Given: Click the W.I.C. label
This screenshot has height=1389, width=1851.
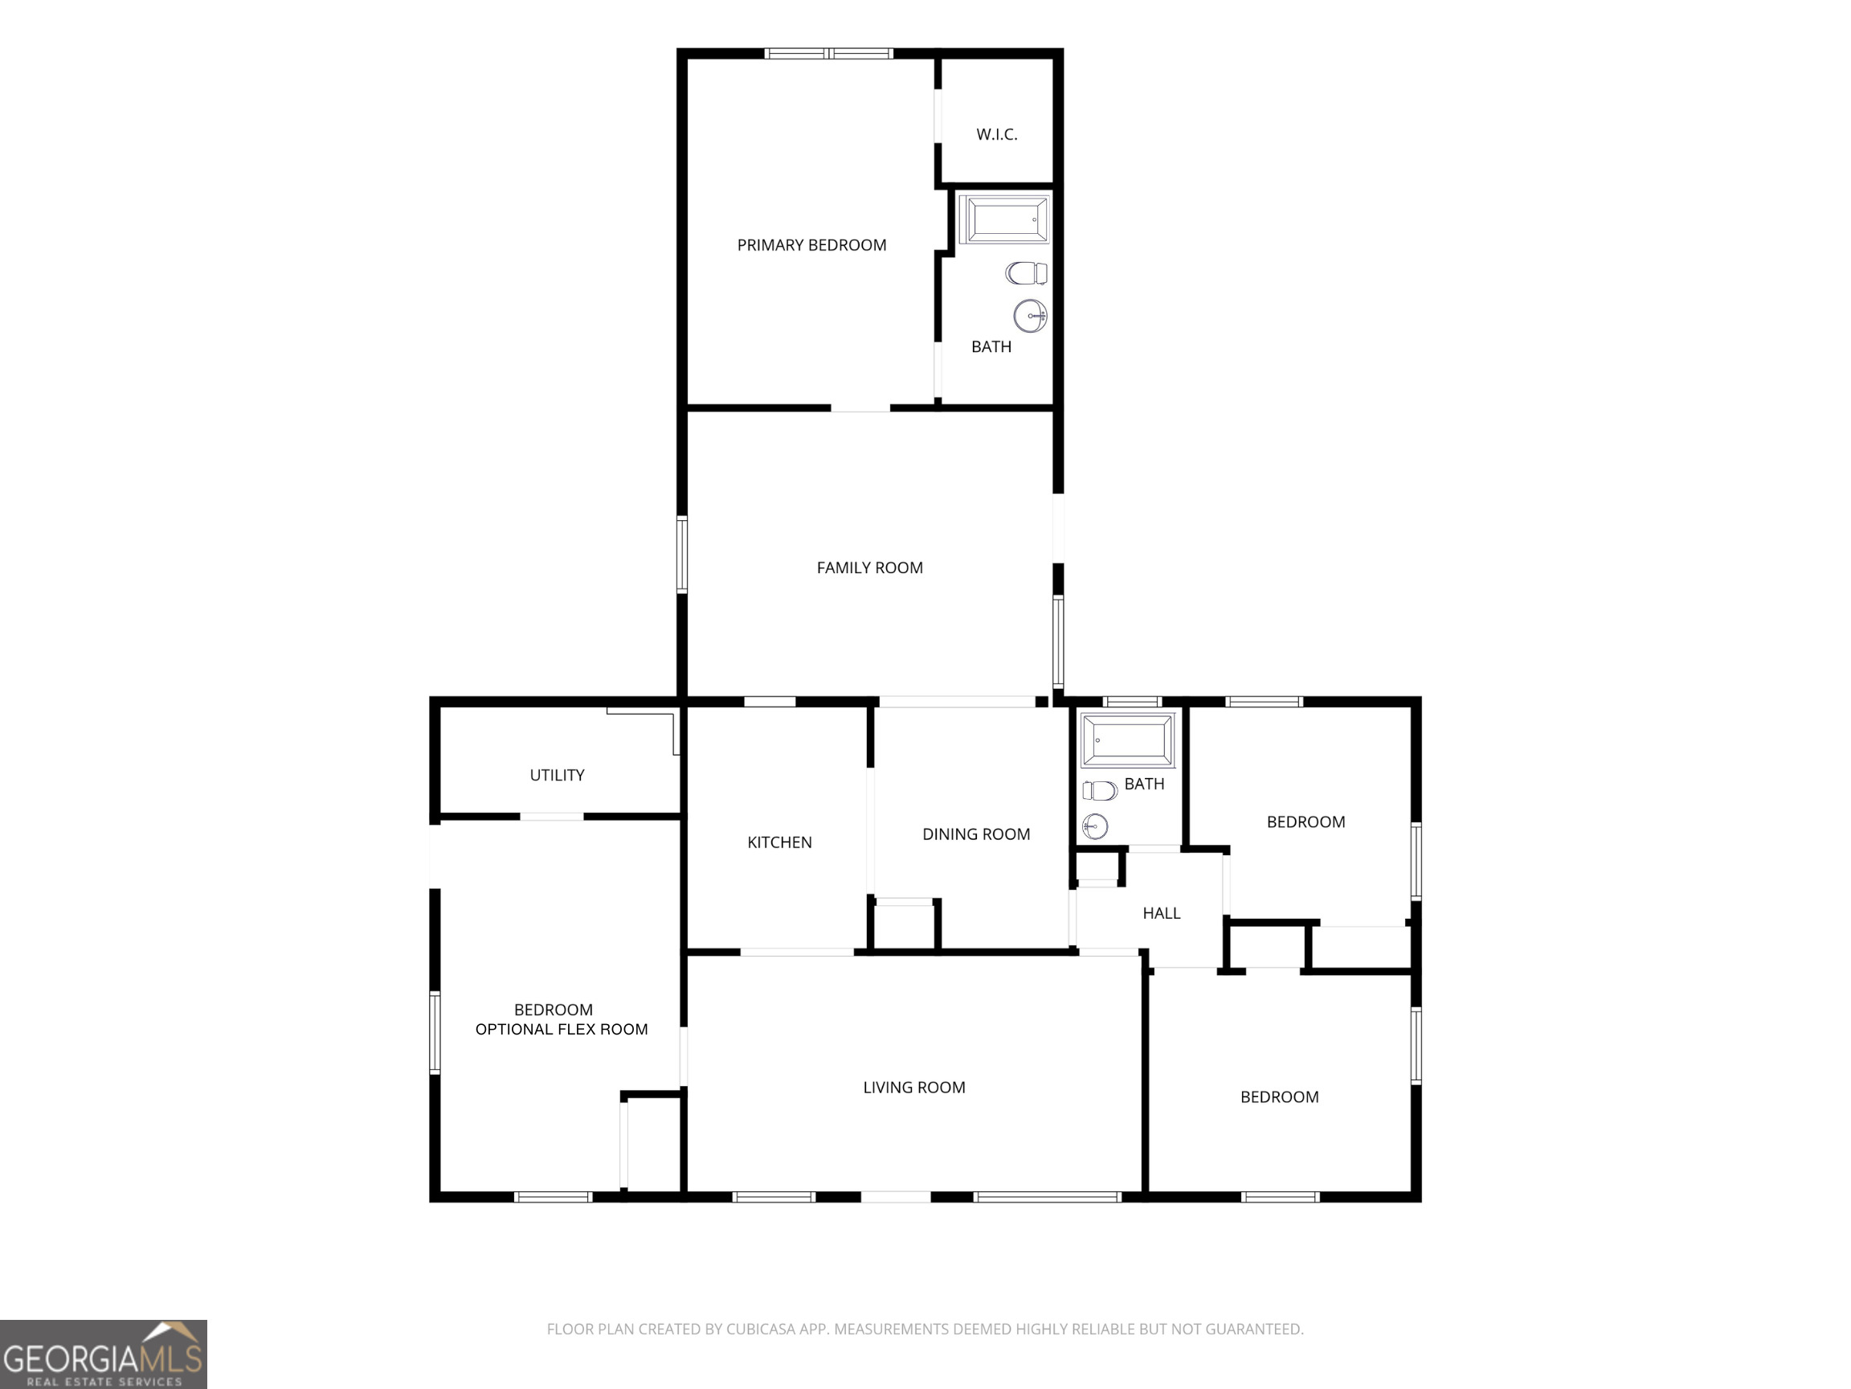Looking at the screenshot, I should pos(997,135).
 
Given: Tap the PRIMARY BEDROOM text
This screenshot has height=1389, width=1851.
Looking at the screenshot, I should pos(811,245).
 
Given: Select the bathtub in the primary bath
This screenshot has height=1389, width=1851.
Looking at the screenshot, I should pos(1003,219).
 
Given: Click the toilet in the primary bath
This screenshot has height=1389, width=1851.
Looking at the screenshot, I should pos(1027,273).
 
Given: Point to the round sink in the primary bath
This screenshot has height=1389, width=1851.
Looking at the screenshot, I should pos(1030,316).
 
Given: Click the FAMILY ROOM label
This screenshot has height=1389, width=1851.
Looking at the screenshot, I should pos(869,567).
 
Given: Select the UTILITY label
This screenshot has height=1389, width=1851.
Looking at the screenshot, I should pos(557,776).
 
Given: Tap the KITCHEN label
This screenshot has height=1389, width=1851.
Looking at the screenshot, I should pos(779,842).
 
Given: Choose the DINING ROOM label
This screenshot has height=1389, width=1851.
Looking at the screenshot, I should pos(975,834).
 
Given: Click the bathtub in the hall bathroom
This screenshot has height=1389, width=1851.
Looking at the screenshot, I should pos(1128,740).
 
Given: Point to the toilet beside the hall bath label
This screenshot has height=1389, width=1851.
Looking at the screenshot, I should pos(1100,790).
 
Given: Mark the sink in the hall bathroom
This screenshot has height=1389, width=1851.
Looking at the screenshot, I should pos(1095,826).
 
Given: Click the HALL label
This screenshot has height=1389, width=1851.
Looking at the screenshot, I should pos(1162,913).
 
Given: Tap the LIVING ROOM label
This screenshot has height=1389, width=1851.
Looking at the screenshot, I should pos(913,1088).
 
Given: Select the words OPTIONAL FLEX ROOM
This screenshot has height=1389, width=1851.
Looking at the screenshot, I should pos(562,1030).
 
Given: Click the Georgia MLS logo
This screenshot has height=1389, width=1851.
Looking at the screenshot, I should pos(103,1354).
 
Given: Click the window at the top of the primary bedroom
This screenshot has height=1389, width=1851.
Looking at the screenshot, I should pos(828,54).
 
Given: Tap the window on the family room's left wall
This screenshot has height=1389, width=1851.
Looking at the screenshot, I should pos(682,555).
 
